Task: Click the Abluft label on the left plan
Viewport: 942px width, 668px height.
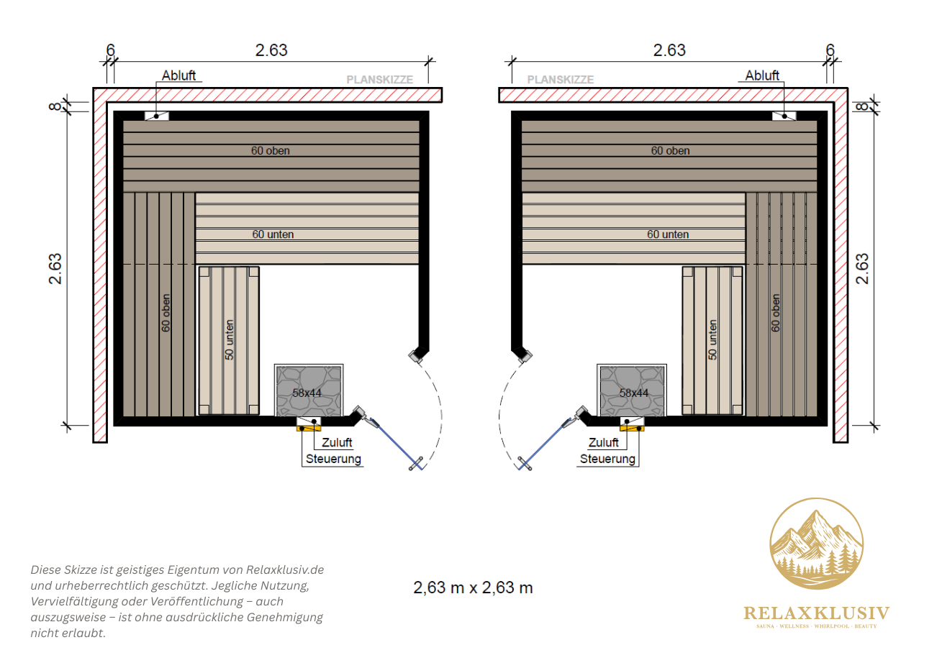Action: tap(178, 76)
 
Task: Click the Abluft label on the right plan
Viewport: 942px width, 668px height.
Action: tap(762, 76)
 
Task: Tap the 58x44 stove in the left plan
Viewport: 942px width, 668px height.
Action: tap(309, 390)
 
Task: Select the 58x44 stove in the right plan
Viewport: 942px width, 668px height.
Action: tap(632, 390)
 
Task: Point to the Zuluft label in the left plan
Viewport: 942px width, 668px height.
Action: tap(337, 442)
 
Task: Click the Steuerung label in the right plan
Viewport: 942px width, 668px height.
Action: tap(607, 459)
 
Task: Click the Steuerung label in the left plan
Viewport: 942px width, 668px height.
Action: tap(333, 459)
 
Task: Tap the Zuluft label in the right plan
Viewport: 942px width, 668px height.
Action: tap(604, 442)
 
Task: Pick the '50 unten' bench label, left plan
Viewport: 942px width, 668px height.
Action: tap(229, 340)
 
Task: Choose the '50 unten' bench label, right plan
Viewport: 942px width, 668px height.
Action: tap(712, 340)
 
